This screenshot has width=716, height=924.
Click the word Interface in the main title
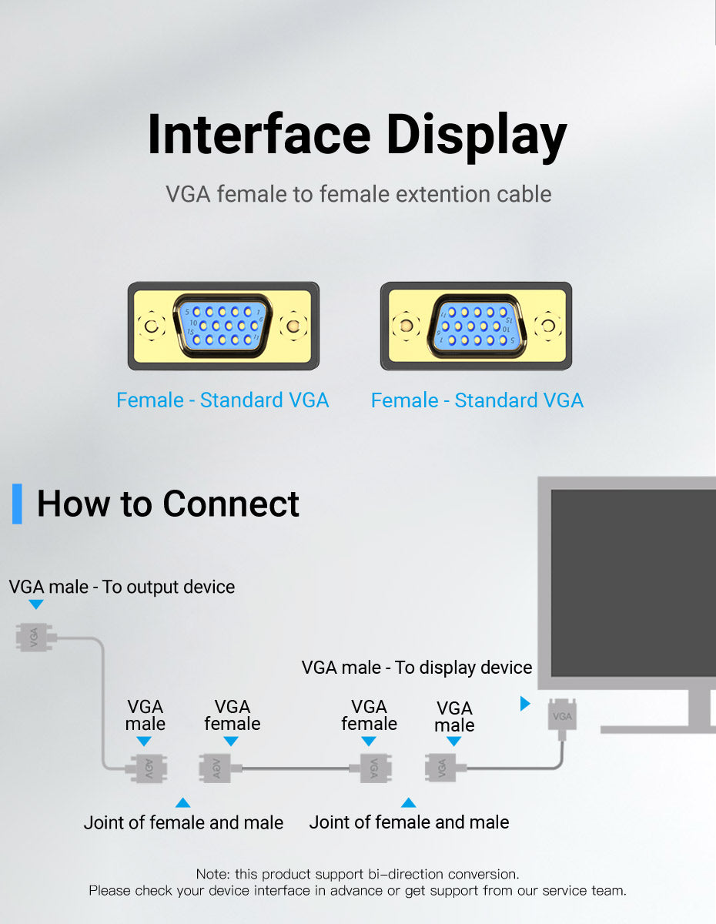(x=259, y=135)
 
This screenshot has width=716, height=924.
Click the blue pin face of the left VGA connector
(x=222, y=326)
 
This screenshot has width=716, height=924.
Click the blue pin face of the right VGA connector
(x=477, y=326)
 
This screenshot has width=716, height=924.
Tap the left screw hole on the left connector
(x=152, y=326)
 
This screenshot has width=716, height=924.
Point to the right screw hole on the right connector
(x=547, y=326)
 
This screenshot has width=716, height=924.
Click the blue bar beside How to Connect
(x=17, y=504)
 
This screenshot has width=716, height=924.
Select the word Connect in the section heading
(x=231, y=504)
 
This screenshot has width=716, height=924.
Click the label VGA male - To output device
(x=122, y=587)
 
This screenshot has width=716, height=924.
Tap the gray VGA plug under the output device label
(x=36, y=637)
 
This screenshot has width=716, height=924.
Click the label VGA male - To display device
(x=417, y=668)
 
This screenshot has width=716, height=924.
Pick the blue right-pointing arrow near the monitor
(x=525, y=703)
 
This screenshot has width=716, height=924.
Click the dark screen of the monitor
(x=634, y=583)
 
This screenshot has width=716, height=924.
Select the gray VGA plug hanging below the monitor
(x=562, y=716)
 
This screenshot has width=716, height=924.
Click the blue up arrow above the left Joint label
(x=182, y=802)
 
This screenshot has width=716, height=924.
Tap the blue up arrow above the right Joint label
(x=408, y=802)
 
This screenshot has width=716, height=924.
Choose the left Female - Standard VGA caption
(x=222, y=400)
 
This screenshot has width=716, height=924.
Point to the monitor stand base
(x=658, y=730)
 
